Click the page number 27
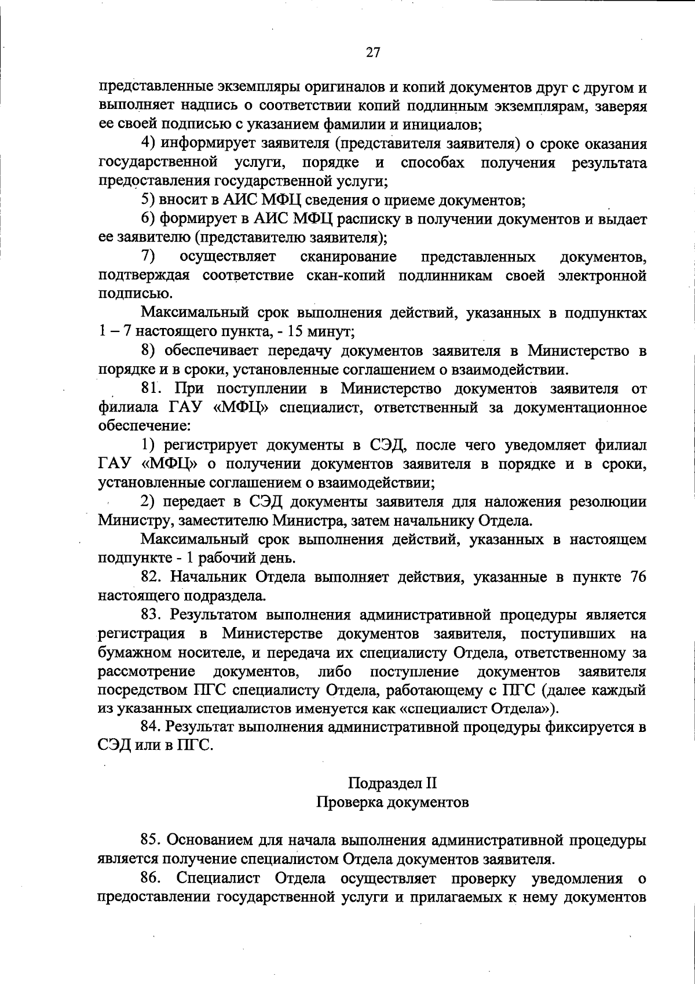point(374,53)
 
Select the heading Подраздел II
point(392,784)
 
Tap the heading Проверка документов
point(392,803)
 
